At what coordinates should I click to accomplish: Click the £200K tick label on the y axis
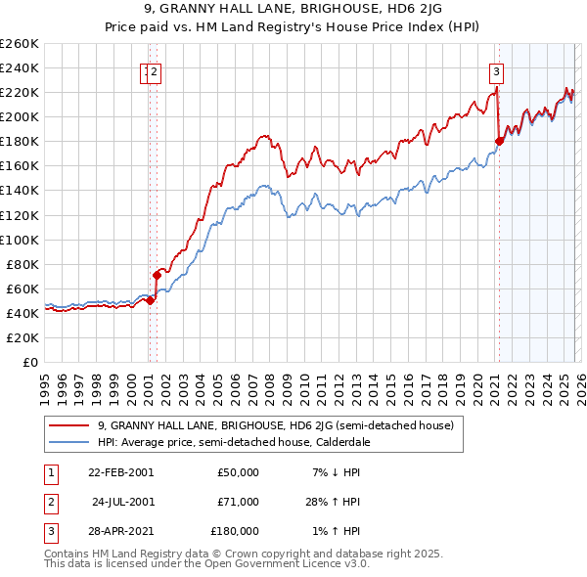[x=20, y=116]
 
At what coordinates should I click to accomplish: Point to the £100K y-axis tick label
[x=20, y=240]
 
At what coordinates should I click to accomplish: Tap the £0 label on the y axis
[x=29, y=362]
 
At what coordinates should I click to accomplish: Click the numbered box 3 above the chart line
[x=497, y=70]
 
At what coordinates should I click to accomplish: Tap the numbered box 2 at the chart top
[x=156, y=70]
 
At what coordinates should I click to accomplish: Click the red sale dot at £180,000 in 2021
[x=499, y=141]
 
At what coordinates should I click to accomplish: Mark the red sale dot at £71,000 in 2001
[x=157, y=275]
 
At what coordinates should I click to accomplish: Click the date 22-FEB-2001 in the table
[x=119, y=472]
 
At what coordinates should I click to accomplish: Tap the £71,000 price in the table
[x=238, y=502]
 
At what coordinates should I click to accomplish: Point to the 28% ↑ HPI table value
[x=335, y=502]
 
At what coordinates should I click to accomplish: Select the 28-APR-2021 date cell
[x=119, y=531]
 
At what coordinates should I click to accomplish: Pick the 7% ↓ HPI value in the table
[x=335, y=472]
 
